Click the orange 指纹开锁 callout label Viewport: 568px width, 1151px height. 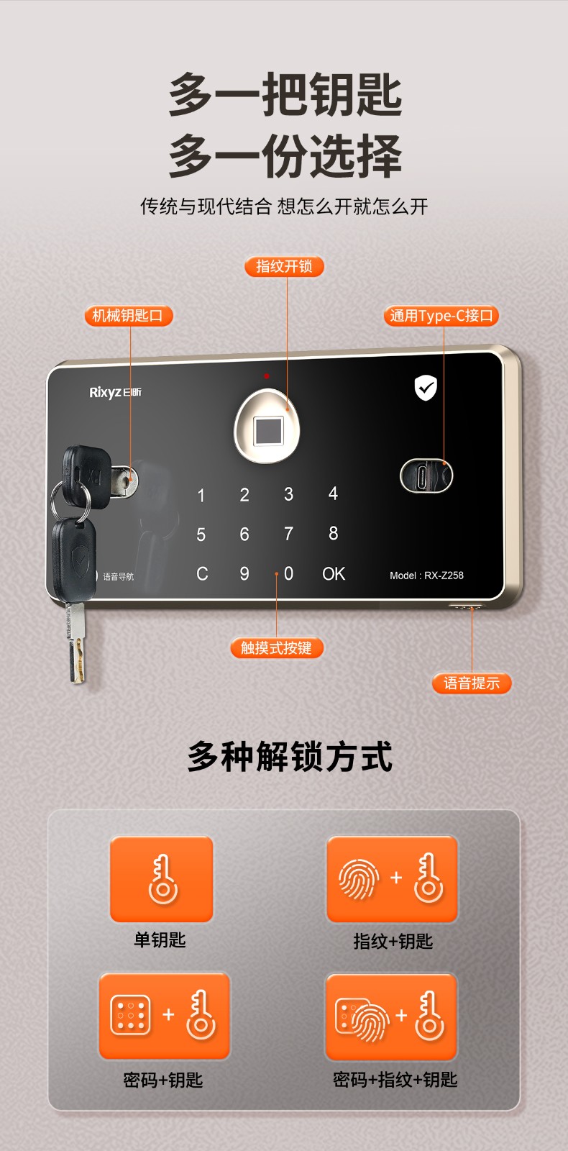[x=284, y=266]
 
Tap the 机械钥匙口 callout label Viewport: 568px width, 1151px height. [x=128, y=316]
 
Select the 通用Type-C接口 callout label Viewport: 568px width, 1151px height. [x=441, y=316]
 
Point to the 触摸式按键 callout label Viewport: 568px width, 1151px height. [x=276, y=648]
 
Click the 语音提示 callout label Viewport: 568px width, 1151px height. [x=472, y=683]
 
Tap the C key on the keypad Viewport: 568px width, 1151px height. [x=202, y=573]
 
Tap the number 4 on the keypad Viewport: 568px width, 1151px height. [x=333, y=493]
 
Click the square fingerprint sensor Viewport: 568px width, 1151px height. [x=268, y=431]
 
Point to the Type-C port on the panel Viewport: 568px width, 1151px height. [x=426, y=476]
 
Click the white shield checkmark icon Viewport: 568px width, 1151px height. [x=426, y=388]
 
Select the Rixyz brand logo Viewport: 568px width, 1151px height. [x=115, y=393]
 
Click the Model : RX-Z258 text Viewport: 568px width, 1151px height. [x=426, y=575]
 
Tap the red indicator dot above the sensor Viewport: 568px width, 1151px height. [x=267, y=376]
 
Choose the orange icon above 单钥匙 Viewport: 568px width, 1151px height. [x=161, y=879]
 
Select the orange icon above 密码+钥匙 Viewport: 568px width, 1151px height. [x=164, y=1016]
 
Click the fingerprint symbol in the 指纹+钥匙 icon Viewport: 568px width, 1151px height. [x=359, y=879]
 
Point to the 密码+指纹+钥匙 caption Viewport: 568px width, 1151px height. [x=395, y=1080]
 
